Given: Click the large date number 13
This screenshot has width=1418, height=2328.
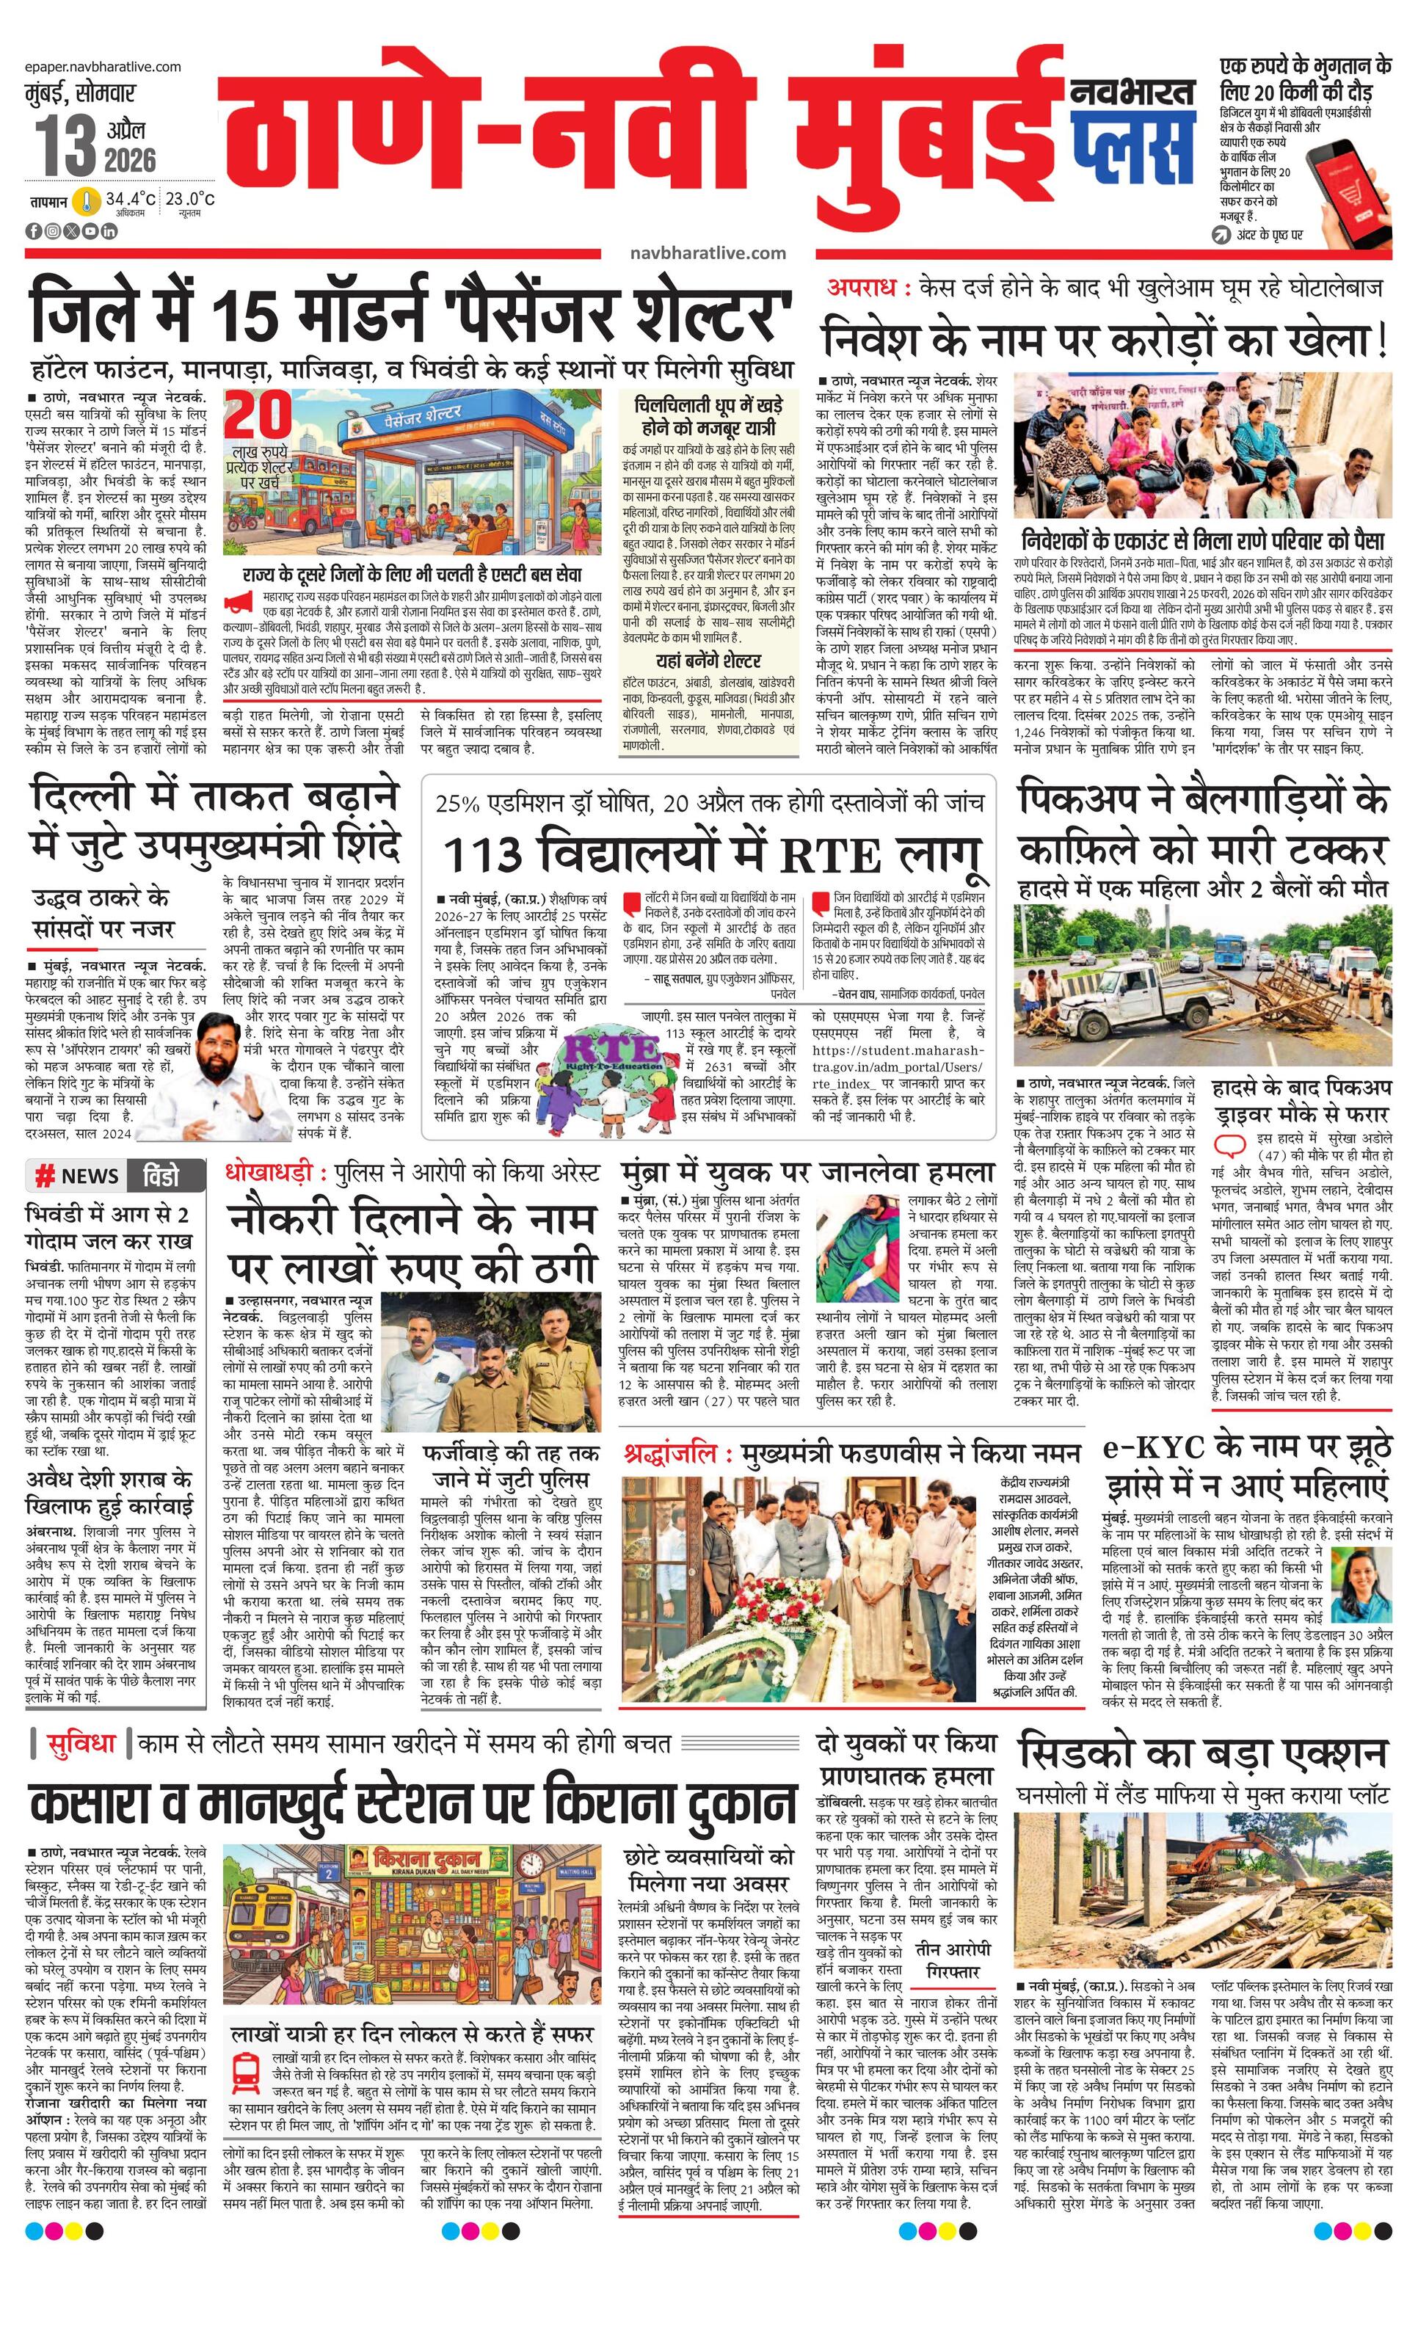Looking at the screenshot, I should (66, 145).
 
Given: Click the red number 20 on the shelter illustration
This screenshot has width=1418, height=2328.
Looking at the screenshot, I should (258, 415).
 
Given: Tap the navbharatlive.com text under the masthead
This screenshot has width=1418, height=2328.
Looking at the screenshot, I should (708, 252).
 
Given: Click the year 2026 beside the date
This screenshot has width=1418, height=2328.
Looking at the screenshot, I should (131, 160).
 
